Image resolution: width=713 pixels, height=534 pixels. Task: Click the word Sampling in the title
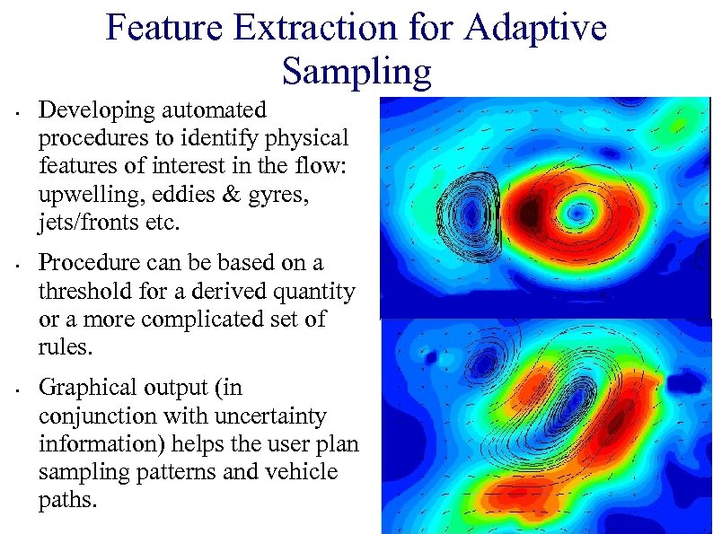(x=356, y=70)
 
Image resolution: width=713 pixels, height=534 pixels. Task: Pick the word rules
(x=64, y=347)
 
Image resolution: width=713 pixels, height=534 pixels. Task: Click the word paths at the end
(x=67, y=500)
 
